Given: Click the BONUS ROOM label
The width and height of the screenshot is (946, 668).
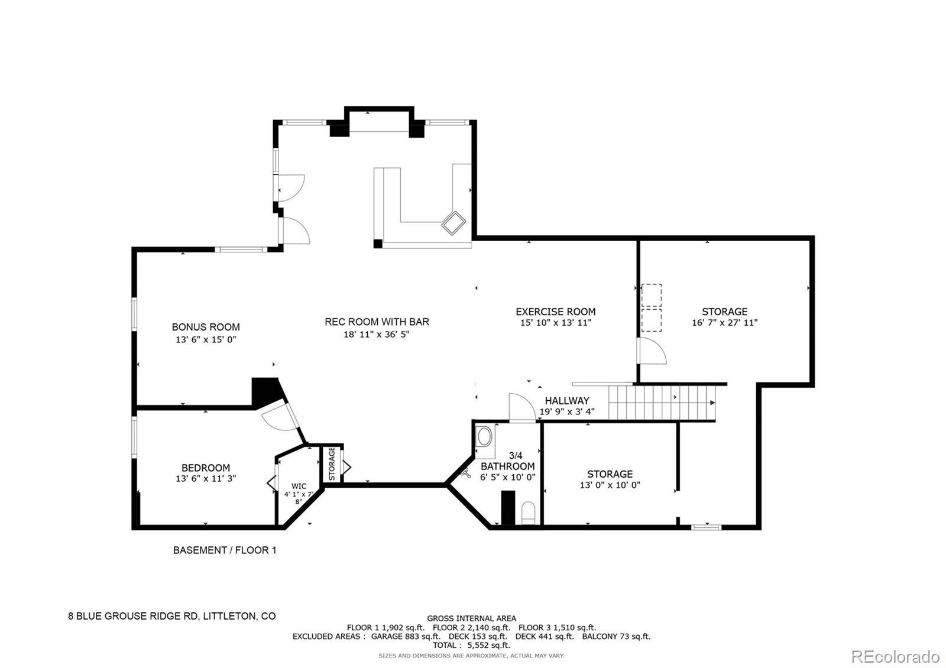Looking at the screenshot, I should [x=206, y=327].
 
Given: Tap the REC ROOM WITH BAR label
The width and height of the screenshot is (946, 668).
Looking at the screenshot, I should [x=377, y=322].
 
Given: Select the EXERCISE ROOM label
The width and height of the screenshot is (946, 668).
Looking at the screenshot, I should [x=555, y=312].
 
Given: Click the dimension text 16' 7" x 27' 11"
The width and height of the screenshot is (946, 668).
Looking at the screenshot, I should [x=724, y=323].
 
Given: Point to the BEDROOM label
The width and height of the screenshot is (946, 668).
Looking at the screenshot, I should [x=205, y=468].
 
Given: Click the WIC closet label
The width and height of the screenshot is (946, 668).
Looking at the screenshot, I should [x=299, y=486].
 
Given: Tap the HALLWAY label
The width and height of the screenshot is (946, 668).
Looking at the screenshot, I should [x=566, y=401].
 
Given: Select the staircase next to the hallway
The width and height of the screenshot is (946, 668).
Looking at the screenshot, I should [x=662, y=403].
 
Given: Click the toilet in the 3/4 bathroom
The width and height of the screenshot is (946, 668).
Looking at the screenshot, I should [x=529, y=514].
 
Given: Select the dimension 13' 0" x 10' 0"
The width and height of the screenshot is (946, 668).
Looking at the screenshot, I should [x=610, y=485].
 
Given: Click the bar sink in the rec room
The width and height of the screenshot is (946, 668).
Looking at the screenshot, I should [x=454, y=223].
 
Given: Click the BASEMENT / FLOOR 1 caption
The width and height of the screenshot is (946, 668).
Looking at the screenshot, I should [x=225, y=550].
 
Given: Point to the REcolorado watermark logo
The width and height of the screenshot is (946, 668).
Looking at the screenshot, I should [x=895, y=656].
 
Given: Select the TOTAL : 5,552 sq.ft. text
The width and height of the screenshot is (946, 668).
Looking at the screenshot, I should [x=471, y=646].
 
